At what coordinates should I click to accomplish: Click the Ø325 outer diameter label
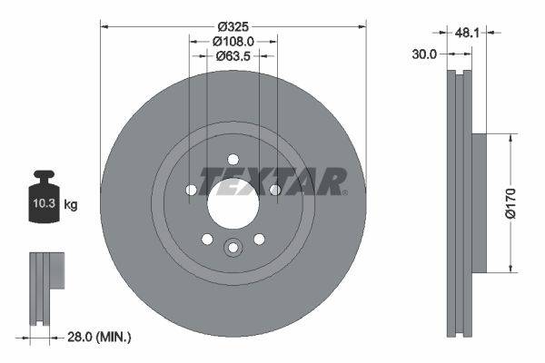(x=233, y=25)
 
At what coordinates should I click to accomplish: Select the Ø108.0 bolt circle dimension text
(x=233, y=41)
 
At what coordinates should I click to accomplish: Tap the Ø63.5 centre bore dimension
(x=233, y=56)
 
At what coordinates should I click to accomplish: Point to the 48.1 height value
(x=467, y=33)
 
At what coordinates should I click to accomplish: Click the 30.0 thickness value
(x=424, y=54)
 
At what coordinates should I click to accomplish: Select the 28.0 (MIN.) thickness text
(x=100, y=337)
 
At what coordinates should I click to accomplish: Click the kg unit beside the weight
(x=71, y=205)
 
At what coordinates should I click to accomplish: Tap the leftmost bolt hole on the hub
(x=191, y=190)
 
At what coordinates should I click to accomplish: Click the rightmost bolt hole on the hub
(x=274, y=190)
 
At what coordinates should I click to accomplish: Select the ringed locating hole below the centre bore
(x=233, y=248)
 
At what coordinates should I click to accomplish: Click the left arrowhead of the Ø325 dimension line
(x=104, y=25)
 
